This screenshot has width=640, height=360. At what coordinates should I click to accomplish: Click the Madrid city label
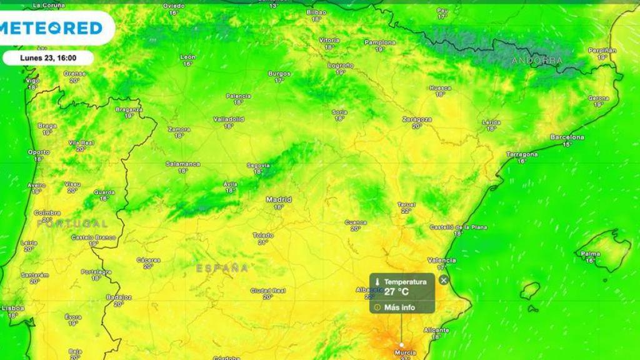pyautogui.click(x=279, y=200)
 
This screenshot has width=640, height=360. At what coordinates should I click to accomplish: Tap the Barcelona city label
pyautogui.click(x=567, y=137)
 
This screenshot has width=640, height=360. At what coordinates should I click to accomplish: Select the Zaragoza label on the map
pyautogui.click(x=417, y=119)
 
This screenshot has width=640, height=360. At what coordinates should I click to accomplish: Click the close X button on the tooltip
pyautogui.click(x=444, y=280)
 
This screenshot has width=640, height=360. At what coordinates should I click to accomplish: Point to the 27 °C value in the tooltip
pyautogui.click(x=396, y=291)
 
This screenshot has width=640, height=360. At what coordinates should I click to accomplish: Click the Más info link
pyautogui.click(x=399, y=307)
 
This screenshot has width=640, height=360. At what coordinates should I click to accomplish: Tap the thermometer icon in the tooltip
pyautogui.click(x=377, y=282)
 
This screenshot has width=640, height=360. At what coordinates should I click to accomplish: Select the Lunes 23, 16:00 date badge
pyautogui.click(x=48, y=57)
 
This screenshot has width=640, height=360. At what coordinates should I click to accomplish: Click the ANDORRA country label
pyautogui.click(x=537, y=61)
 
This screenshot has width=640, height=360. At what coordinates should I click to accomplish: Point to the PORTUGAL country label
pyautogui.click(x=72, y=223)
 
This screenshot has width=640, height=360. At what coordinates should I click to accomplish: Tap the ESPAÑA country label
pyautogui.click(x=222, y=268)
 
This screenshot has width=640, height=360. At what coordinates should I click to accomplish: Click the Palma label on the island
pyautogui.click(x=590, y=254)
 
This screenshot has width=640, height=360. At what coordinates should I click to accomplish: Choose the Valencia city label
pyautogui.click(x=441, y=260)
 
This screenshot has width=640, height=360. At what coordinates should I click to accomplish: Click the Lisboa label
pyautogui.click(x=12, y=308)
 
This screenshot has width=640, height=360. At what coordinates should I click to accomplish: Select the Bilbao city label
pyautogui.click(x=316, y=12)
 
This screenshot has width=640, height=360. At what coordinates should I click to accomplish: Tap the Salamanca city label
pyautogui.click(x=182, y=164)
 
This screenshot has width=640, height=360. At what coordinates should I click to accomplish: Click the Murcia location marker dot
pyautogui.click(x=401, y=344)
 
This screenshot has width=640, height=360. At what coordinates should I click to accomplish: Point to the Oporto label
pyautogui.click(x=39, y=152)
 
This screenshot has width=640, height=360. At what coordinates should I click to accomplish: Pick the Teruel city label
pyautogui.click(x=406, y=204)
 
